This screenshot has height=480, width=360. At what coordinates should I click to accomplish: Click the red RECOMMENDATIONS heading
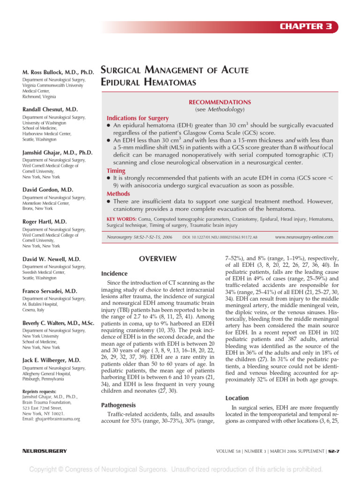(219, 102)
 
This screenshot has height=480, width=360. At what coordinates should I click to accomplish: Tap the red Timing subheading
(116, 171)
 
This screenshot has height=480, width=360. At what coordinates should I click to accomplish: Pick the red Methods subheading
(118, 193)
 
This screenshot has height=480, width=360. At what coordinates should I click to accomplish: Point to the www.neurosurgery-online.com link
(304, 237)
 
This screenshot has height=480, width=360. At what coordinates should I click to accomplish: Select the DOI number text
(219, 238)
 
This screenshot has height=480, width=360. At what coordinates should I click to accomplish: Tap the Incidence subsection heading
(115, 273)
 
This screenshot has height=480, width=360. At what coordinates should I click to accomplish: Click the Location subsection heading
(237, 397)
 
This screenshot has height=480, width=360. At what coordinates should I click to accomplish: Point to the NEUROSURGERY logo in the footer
(45, 451)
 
